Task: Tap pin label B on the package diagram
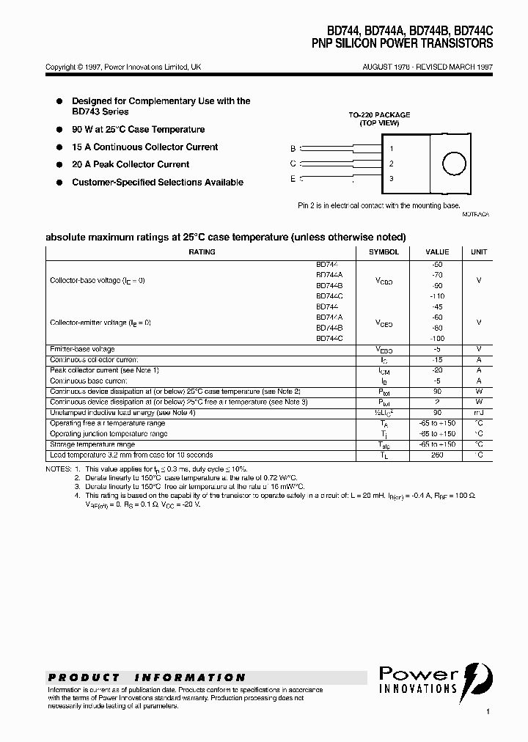click(293, 148)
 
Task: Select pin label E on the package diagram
click(293, 178)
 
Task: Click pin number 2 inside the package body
click(392, 164)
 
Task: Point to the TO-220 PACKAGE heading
click(378, 115)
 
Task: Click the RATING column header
click(202, 251)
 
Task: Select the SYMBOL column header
click(384, 251)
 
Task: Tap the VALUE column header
click(437, 251)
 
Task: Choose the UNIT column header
click(479, 251)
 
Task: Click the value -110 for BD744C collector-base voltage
click(437, 296)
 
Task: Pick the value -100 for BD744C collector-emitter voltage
click(437, 339)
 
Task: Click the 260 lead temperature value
click(437, 455)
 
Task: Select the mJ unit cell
click(479, 413)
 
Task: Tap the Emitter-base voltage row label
click(82, 349)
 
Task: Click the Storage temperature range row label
click(92, 444)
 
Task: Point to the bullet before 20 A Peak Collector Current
click(59, 165)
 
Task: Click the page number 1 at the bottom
click(487, 711)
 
